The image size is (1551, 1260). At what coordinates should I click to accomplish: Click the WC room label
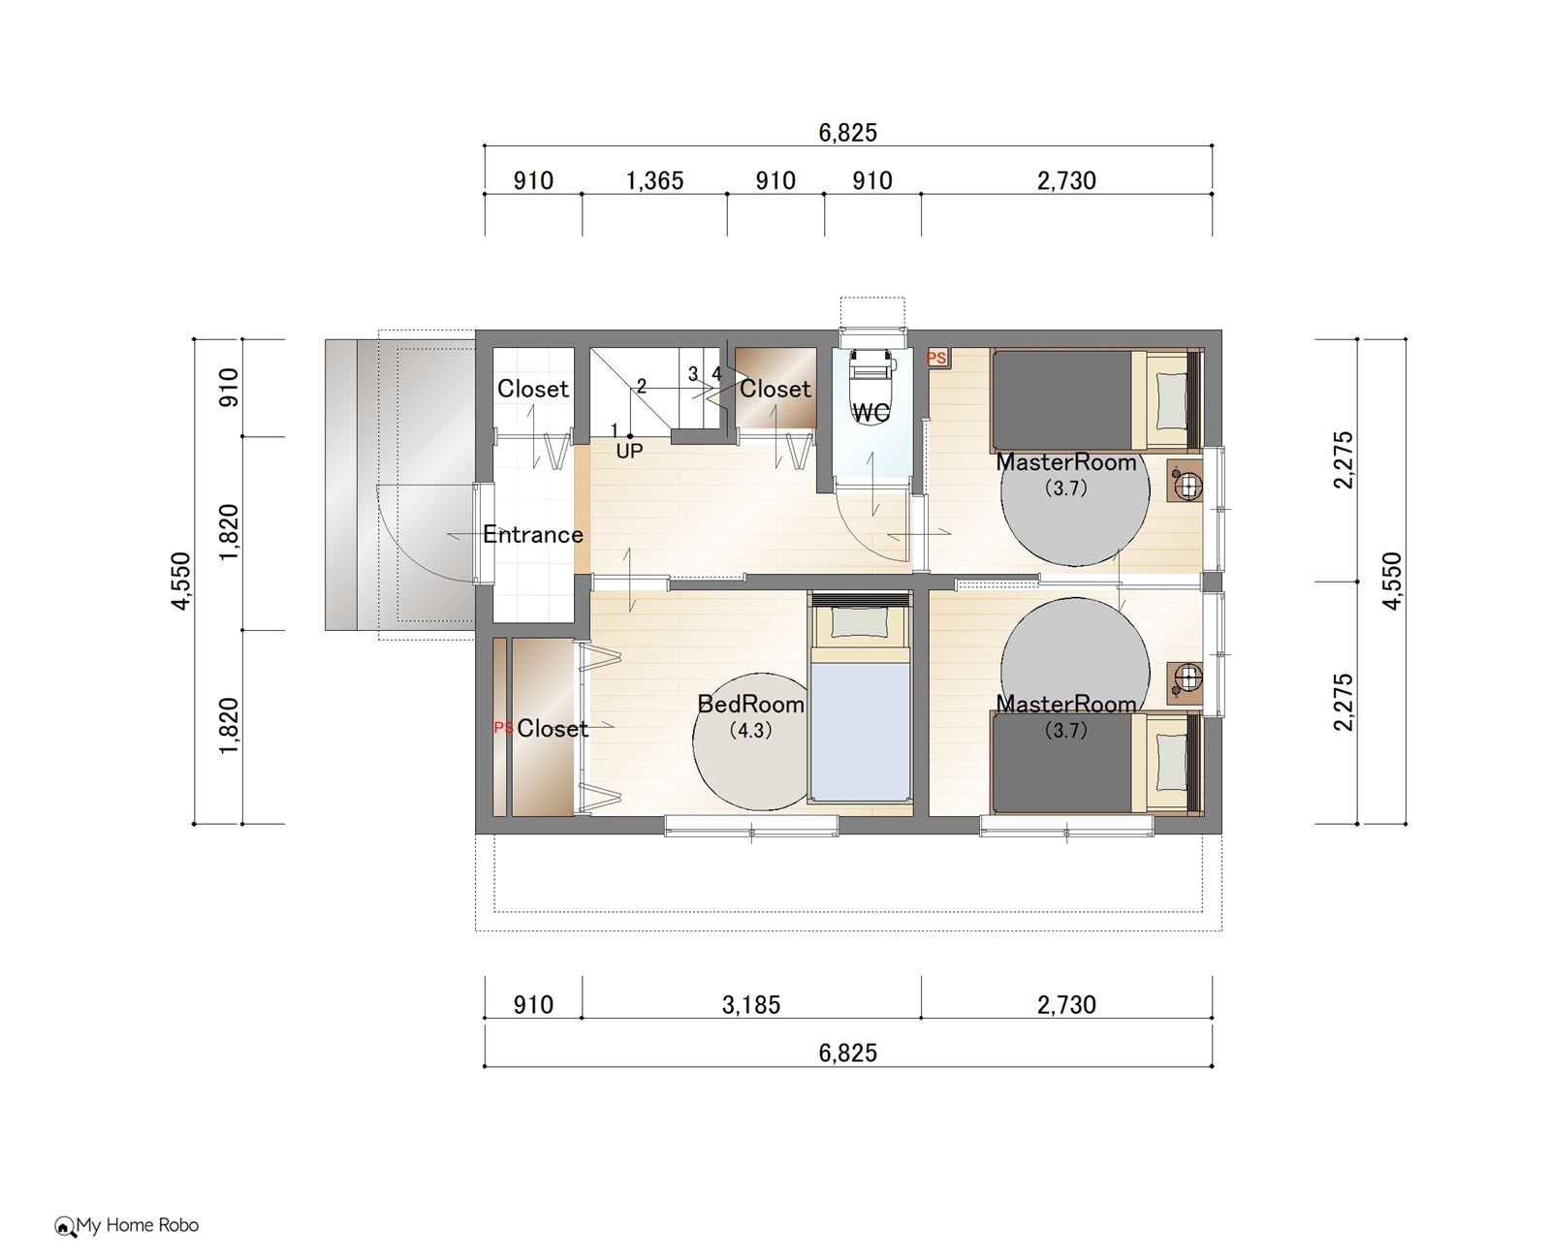pyautogui.click(x=870, y=413)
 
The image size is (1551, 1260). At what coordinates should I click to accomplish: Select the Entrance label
pyautogui.click(x=533, y=535)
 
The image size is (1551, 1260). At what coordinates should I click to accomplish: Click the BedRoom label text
pyautogui.click(x=750, y=704)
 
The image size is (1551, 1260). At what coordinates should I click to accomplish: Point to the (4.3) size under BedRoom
pyautogui.click(x=750, y=730)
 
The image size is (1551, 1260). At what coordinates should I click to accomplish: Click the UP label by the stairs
pyautogui.click(x=629, y=452)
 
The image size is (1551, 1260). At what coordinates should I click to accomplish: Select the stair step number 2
pyautogui.click(x=642, y=387)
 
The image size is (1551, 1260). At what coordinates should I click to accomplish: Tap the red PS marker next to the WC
pyautogui.click(x=936, y=358)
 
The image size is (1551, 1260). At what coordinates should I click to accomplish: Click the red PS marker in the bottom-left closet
pyautogui.click(x=503, y=727)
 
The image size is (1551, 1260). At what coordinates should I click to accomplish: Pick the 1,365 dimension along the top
pyautogui.click(x=654, y=180)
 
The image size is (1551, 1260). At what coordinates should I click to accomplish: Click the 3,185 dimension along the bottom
pyautogui.click(x=750, y=1005)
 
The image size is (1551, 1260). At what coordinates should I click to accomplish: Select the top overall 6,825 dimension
pyautogui.click(x=847, y=133)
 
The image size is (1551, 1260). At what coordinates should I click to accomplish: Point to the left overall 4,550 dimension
pyautogui.click(x=180, y=581)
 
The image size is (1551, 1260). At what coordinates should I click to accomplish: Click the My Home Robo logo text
pyautogui.click(x=137, y=1226)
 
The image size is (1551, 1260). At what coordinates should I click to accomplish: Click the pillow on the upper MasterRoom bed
pyautogui.click(x=1169, y=401)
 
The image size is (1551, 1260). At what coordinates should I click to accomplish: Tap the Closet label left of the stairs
pyautogui.click(x=532, y=389)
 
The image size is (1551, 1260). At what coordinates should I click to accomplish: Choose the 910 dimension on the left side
pyautogui.click(x=229, y=388)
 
